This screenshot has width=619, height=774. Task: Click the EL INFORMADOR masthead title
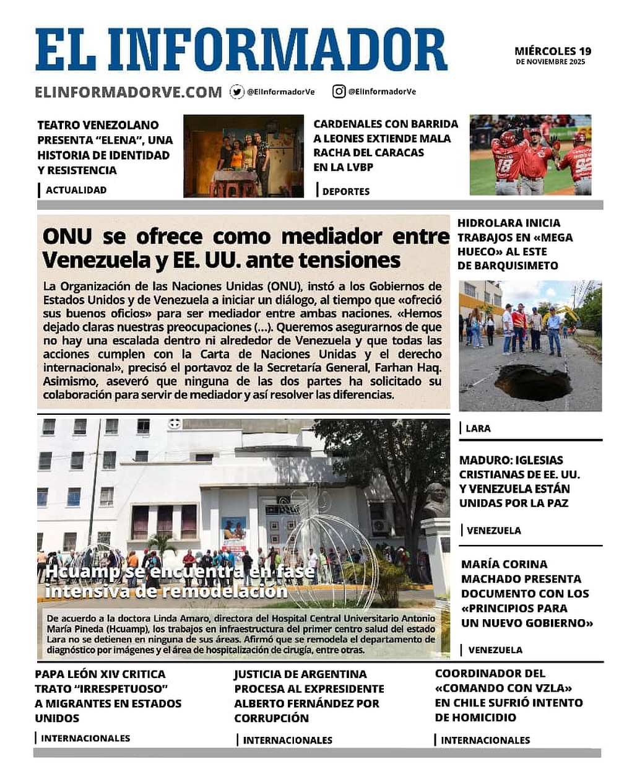tap(241, 50)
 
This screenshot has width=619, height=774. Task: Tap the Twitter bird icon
tap(236, 92)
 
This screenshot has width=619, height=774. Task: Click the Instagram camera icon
tap(339, 92)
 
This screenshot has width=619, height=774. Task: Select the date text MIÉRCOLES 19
tap(553, 51)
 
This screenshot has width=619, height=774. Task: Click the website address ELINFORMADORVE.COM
tap(128, 92)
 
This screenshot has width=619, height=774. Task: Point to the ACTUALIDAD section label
tap(76, 190)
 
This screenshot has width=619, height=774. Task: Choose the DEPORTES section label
tap(345, 191)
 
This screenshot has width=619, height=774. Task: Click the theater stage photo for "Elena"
tap(243, 156)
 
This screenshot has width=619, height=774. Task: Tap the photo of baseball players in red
tap(530, 155)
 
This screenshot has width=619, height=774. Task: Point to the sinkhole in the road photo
tap(532, 383)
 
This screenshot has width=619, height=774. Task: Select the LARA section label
tap(478, 428)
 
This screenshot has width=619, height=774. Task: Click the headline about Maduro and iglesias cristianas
tap(520, 482)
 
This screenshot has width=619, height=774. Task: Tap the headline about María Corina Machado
tap(526, 593)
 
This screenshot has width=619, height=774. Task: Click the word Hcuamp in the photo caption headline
tap(83, 572)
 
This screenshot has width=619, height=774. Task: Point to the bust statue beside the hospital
tap(436, 499)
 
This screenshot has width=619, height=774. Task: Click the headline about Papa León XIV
tap(108, 696)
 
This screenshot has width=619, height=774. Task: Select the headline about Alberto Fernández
tap(308, 696)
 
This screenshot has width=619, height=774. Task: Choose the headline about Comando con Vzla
tap(508, 695)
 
